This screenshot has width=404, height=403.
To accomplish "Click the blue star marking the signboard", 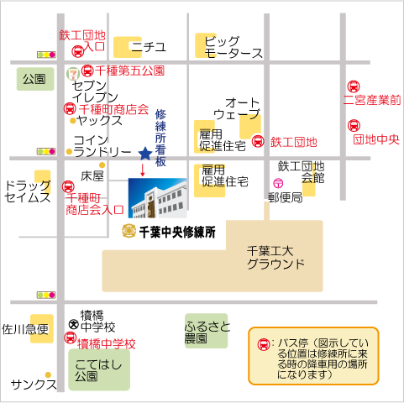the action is pos(145,154).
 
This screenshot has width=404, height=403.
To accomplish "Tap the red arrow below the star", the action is pos(143,170).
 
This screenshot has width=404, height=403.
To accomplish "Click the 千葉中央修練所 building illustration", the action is pos(158,198).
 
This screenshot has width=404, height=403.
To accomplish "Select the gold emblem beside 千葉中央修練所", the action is pos(129,231).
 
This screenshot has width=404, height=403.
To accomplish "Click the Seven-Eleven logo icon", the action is pos(73,74).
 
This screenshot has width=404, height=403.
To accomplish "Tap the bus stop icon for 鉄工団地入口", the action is pos(78,51).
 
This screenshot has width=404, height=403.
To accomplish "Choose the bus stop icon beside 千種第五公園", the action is pos(87,71).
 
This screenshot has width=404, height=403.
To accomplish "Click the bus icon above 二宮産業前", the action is pos(354,86).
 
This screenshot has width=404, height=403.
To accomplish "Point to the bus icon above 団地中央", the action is pos(354,126).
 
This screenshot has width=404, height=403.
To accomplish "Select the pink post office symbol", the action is pos(278,183).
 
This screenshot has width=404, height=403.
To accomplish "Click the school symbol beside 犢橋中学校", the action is pos(74,324).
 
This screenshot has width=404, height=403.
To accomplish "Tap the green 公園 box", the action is pos(35,79).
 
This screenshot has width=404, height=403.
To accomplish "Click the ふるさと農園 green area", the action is pos(207,331).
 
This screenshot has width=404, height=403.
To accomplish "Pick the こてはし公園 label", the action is pos(98,370).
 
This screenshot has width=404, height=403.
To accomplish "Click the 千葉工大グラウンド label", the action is pos(275,258).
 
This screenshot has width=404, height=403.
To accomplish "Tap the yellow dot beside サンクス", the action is pos(48,374).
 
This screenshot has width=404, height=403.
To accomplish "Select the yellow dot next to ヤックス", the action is pos(73,121).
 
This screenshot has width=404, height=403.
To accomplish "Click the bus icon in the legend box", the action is pos(264,344).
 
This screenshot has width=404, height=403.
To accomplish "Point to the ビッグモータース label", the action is pos(233,47).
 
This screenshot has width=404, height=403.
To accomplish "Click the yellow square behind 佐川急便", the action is pos(42,328).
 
